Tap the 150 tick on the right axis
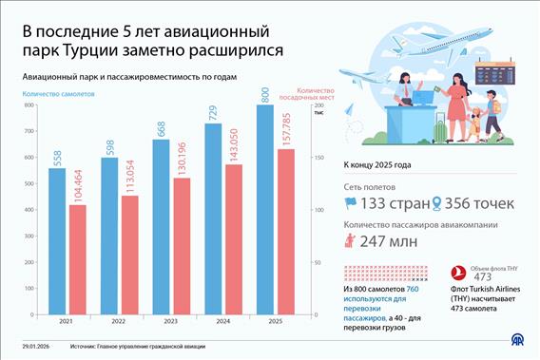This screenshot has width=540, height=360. tap(317, 157)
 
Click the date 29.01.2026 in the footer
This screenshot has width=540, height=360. tap(34, 347)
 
